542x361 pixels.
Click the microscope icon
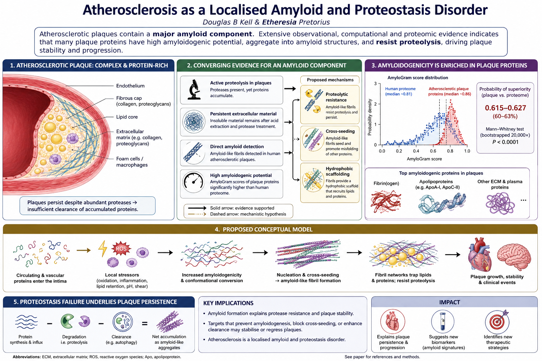[194, 90]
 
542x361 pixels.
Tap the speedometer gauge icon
[193, 182]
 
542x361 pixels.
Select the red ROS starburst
[121, 248]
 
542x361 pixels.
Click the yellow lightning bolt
[103, 249]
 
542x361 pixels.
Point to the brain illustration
[514, 257]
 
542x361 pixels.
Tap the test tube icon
[442, 322]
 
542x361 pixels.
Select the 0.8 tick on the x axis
[450, 151]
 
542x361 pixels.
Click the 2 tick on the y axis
[375, 104]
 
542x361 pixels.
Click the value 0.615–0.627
[505, 108]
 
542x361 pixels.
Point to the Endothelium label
[130, 86]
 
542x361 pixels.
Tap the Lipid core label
[127, 117]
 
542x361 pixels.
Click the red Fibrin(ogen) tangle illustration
[385, 202]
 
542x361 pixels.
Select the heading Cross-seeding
[340, 131]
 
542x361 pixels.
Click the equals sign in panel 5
[145, 324]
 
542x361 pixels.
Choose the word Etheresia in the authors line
[279, 22]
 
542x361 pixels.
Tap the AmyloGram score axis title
[424, 159]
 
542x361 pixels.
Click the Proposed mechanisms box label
[330, 80]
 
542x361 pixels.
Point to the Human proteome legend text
[400, 91]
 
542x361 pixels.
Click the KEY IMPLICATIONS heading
[228, 303]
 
